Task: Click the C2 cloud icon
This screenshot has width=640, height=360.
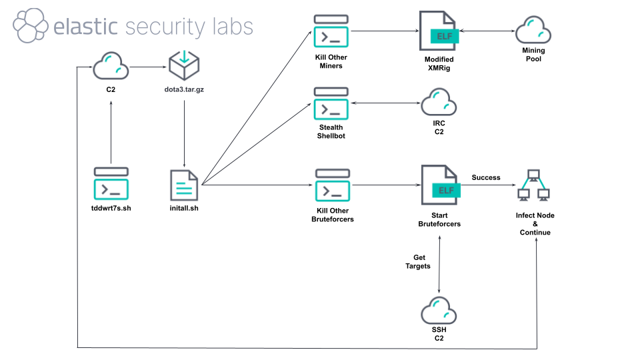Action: point(111,67)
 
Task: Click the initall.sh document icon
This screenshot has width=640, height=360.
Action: point(184,186)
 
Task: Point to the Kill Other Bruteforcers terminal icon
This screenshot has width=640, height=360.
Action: point(332,186)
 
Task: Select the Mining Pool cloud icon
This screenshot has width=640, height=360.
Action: point(533,30)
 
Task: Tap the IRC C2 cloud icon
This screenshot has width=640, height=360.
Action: point(439,103)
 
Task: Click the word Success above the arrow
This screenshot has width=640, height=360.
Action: point(486,177)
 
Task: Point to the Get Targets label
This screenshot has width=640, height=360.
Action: point(418,261)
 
